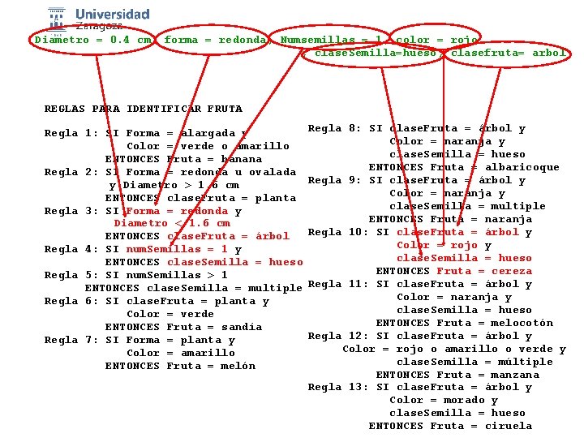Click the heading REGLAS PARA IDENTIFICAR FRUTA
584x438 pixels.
143,109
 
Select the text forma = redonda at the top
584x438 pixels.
215,40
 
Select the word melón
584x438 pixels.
238,366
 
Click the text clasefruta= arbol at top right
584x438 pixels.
509,54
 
